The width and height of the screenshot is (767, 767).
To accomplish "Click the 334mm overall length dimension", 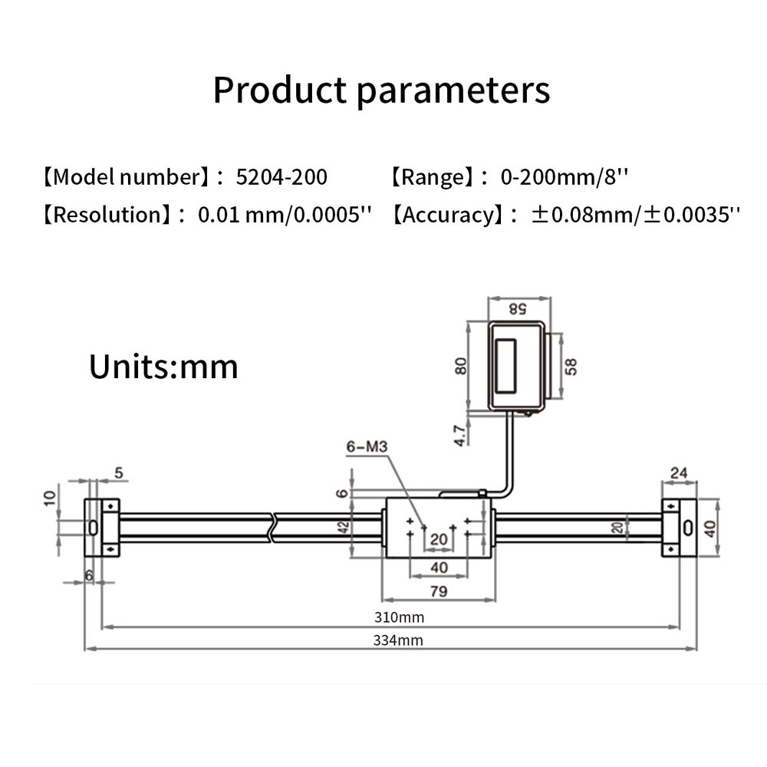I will tap(399, 640).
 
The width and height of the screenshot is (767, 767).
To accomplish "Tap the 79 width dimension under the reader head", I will tap(439, 591).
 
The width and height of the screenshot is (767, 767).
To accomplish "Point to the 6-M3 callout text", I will tap(367, 446).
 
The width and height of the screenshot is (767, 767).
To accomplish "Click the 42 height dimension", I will tap(344, 527).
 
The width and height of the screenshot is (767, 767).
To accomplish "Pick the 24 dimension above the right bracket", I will tap(679, 472).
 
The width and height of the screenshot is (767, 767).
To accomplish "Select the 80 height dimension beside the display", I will tap(461, 366).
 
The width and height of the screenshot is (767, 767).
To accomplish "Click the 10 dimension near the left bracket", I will tap(49, 499).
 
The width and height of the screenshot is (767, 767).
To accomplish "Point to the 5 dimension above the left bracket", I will tap(118, 473).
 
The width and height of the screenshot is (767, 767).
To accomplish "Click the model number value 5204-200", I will tap(281, 177).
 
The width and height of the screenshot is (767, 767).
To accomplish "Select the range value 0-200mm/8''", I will tap(564, 177).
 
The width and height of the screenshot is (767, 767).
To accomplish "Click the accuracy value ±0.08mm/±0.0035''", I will tap(636, 214).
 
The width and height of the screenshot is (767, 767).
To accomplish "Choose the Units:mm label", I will tap(163, 367).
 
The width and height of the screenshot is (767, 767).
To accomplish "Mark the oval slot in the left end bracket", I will tap(93, 528).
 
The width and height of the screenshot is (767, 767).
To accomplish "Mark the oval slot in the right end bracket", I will tap(687, 528).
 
